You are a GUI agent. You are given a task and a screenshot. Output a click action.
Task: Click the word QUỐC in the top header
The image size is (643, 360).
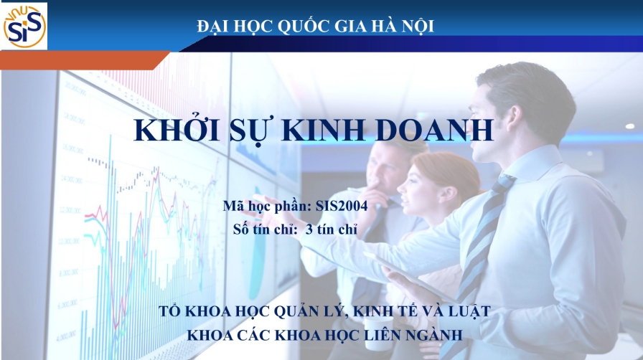pos(296,27)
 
